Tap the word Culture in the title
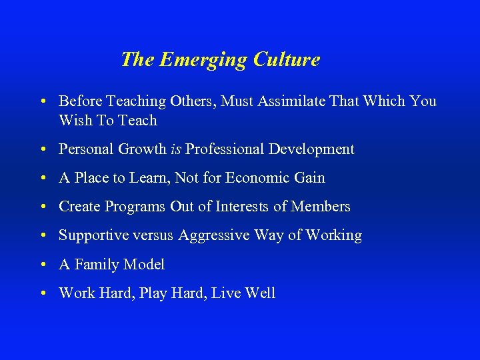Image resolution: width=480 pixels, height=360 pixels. click(x=286, y=59)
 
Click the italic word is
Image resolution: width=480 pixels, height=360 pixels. click(x=176, y=149)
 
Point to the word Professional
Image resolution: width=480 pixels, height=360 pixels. click(x=225, y=149)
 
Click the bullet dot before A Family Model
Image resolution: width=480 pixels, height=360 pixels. click(x=43, y=265)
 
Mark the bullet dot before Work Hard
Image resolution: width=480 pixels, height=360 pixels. click(x=43, y=294)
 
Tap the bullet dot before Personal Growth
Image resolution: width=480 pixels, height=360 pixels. click(x=43, y=150)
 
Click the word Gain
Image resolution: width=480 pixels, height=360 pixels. click(x=309, y=178)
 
